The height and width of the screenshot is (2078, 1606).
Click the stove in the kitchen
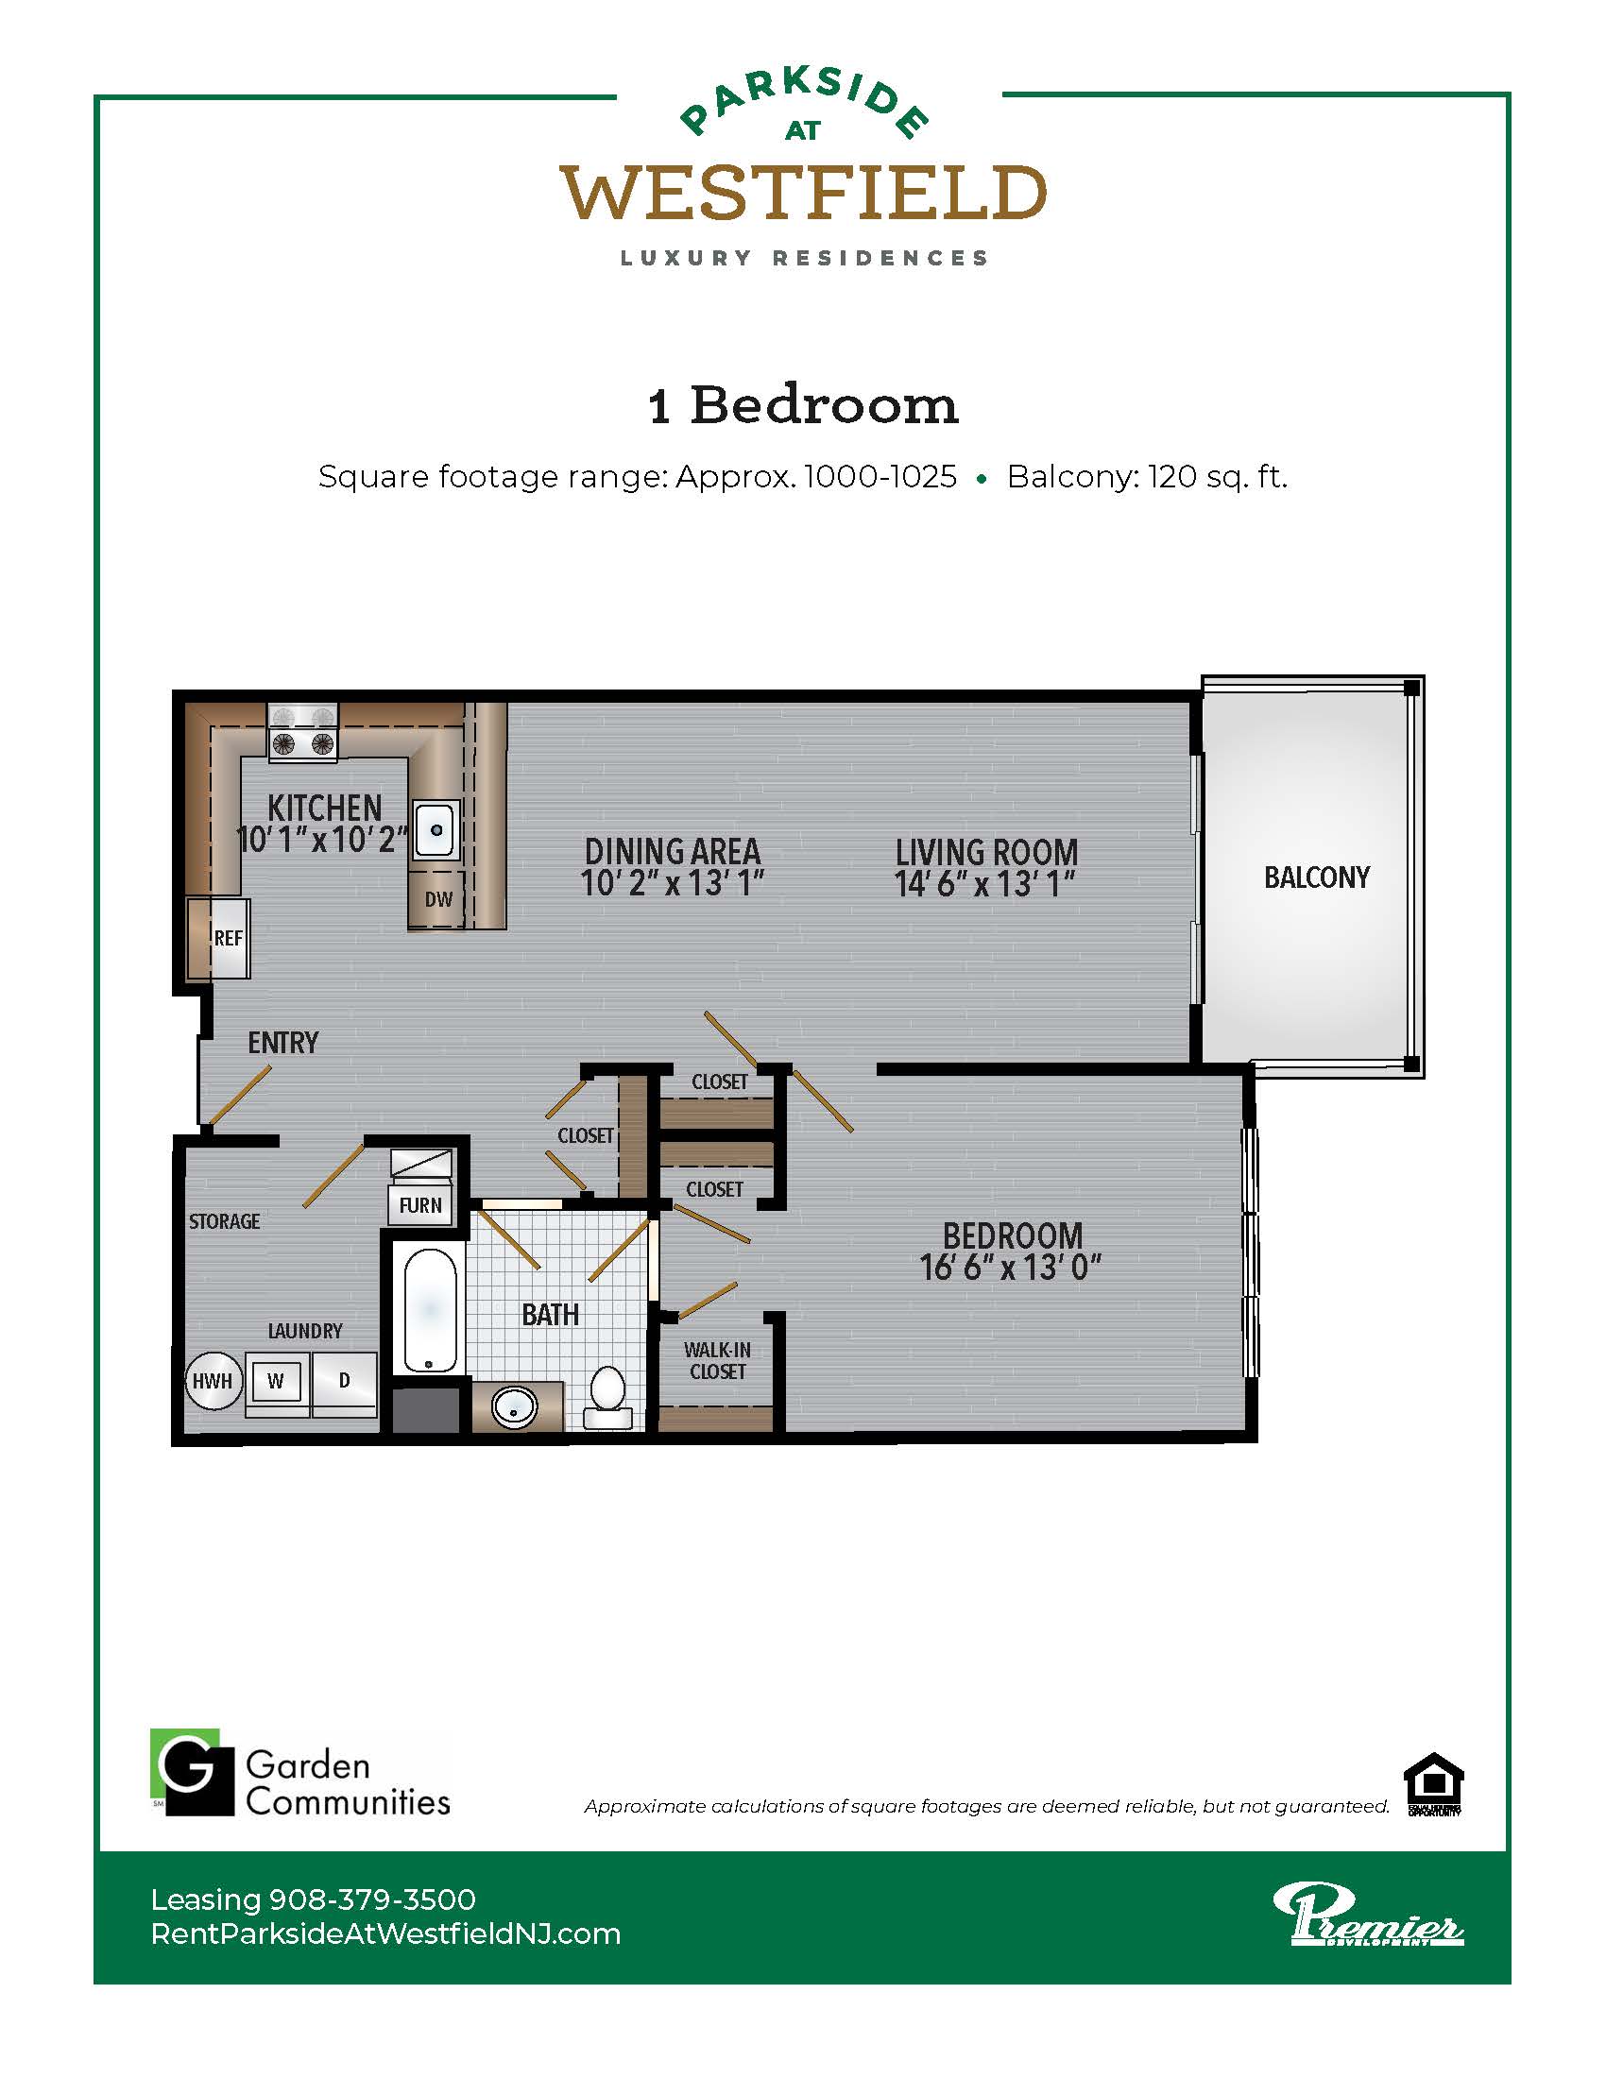click(302, 733)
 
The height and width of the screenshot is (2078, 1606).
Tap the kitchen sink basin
click(436, 829)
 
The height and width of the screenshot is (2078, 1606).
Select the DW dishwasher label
click(438, 899)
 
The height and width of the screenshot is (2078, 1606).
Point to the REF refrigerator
click(219, 938)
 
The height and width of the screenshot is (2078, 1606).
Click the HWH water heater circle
click(214, 1381)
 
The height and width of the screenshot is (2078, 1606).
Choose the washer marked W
click(276, 1382)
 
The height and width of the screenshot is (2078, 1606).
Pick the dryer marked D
click(345, 1382)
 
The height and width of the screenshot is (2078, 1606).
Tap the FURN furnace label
click(420, 1205)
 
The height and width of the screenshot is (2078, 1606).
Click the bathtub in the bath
click(429, 1310)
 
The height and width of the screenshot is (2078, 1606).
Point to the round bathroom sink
click(514, 1408)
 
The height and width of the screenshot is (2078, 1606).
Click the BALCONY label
click(1317, 877)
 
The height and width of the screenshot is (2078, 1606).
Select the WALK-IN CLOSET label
click(717, 1360)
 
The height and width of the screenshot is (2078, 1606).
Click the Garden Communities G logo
click(192, 1772)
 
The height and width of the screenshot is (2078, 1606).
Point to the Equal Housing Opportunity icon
click(1434, 1784)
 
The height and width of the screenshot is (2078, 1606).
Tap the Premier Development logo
click(1368, 1915)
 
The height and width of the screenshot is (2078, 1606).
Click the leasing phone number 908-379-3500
click(373, 1900)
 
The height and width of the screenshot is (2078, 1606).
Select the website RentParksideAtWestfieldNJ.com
click(385, 1934)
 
